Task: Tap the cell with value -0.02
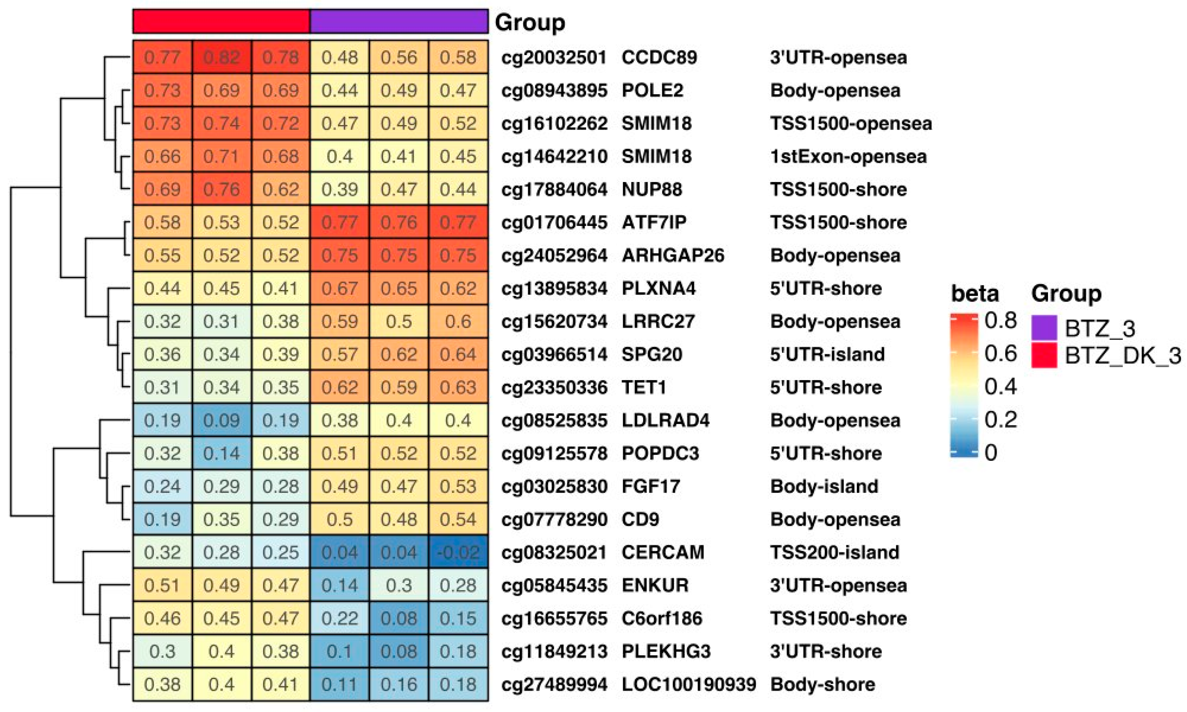(458, 552)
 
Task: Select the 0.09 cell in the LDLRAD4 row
(221, 420)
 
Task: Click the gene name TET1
(644, 387)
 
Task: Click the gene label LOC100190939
(689, 684)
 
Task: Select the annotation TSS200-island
(834, 552)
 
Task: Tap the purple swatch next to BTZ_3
(1044, 328)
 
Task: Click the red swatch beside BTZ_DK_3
(1044, 355)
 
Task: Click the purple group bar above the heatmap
(399, 22)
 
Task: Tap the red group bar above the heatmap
(221, 22)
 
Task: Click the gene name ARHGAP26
(672, 255)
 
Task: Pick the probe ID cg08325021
(554, 552)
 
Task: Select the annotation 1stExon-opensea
(848, 156)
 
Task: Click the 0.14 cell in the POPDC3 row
(221, 453)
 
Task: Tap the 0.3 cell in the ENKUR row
(399, 585)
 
